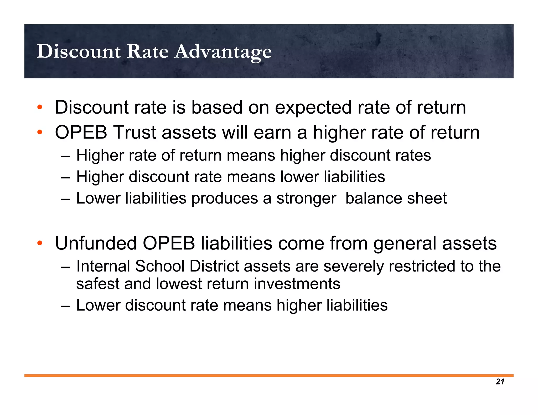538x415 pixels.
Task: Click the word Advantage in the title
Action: point(223,52)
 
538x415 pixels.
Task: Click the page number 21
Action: point(500,382)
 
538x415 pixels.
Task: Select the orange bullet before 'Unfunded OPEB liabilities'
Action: point(40,243)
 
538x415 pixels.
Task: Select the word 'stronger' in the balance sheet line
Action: point(306,199)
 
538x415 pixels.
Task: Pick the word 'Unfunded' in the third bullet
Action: point(96,243)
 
